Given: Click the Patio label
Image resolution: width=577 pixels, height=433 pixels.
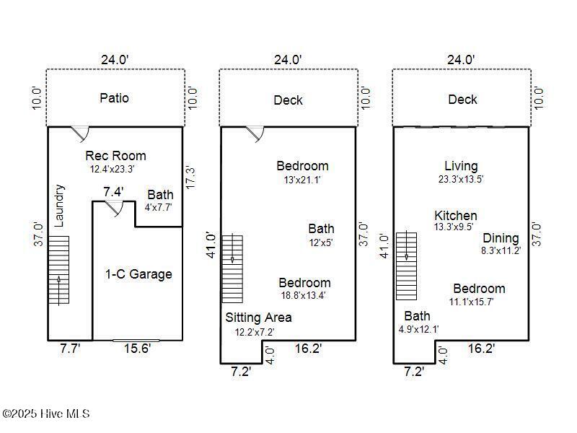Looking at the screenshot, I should (115, 97).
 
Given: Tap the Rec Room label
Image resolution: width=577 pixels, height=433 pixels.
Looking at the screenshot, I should (115, 156).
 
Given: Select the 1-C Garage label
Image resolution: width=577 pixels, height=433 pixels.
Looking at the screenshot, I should (138, 274).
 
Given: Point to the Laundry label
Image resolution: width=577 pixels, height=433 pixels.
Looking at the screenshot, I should (60, 206).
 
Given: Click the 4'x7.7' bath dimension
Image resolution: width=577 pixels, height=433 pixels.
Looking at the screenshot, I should (159, 207).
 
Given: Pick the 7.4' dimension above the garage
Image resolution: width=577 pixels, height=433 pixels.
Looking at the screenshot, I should (113, 192).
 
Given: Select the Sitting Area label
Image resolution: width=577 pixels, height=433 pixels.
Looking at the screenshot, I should (259, 318).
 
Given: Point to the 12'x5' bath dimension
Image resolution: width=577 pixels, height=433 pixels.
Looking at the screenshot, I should (321, 242).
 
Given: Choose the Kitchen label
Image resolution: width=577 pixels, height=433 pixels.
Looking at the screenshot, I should (456, 216).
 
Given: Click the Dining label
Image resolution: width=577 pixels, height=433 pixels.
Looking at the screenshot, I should (501, 238).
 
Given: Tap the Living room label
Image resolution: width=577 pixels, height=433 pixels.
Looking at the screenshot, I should (461, 167).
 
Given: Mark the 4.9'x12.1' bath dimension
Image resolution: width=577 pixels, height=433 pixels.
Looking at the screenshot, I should (418, 329).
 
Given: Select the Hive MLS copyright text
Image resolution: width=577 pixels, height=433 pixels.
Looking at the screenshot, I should (46, 414).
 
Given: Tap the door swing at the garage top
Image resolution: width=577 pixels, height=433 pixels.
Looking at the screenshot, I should (115, 207).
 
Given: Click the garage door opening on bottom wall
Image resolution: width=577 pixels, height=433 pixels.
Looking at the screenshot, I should (136, 339).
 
